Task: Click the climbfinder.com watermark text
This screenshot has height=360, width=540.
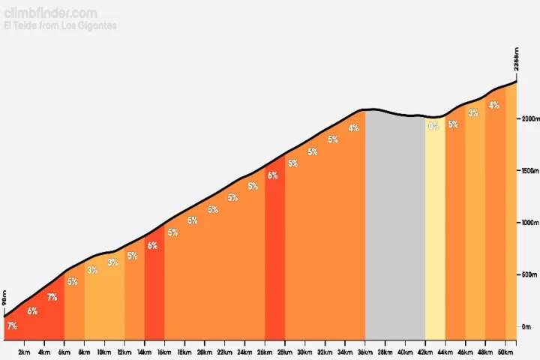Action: click(50, 13)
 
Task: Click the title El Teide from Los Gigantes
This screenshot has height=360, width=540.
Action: click(60, 25)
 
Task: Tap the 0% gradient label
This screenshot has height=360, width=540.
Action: click(433, 126)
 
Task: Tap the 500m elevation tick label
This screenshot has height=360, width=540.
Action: click(529, 274)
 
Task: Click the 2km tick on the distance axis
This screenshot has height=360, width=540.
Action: click(24, 352)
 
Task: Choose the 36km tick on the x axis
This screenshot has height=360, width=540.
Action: click(365, 352)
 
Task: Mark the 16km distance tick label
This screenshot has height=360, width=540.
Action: click(164, 352)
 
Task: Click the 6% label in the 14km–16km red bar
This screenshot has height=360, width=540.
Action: click(152, 245)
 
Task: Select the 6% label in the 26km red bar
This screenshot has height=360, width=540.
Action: click(272, 175)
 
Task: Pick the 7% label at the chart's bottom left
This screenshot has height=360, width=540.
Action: click(11, 326)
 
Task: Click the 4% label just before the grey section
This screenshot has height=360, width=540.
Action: click(353, 128)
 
